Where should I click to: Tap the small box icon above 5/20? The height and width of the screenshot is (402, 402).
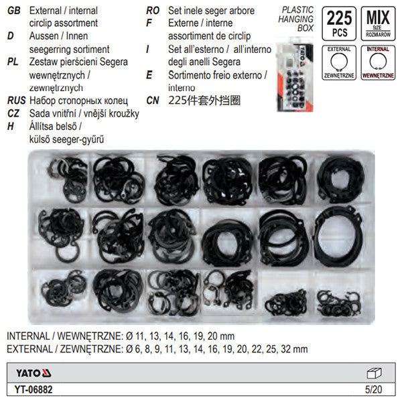point(375,373)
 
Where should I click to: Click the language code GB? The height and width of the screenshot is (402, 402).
point(12,10)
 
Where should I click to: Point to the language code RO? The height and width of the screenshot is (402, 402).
point(153,10)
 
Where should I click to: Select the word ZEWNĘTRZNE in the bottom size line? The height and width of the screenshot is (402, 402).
point(86,348)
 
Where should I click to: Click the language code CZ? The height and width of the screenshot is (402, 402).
point(13,113)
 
